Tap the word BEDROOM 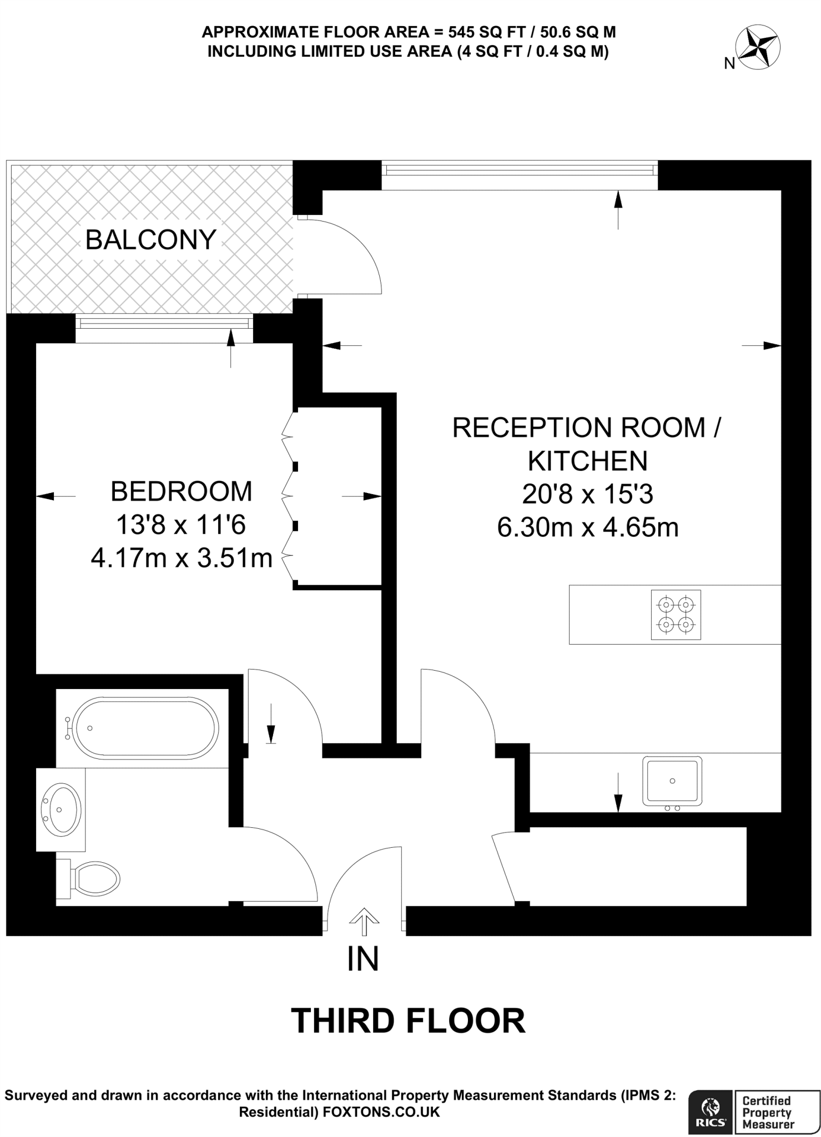point(182,491)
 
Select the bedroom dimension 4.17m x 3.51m point(182,558)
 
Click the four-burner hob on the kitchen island point(676,615)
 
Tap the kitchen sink point(672,781)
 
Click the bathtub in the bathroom point(147,728)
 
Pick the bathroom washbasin point(63,808)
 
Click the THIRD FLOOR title point(408,1020)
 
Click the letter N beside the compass point(729,64)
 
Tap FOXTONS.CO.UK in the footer point(381,1111)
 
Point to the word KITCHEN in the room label point(588,461)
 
